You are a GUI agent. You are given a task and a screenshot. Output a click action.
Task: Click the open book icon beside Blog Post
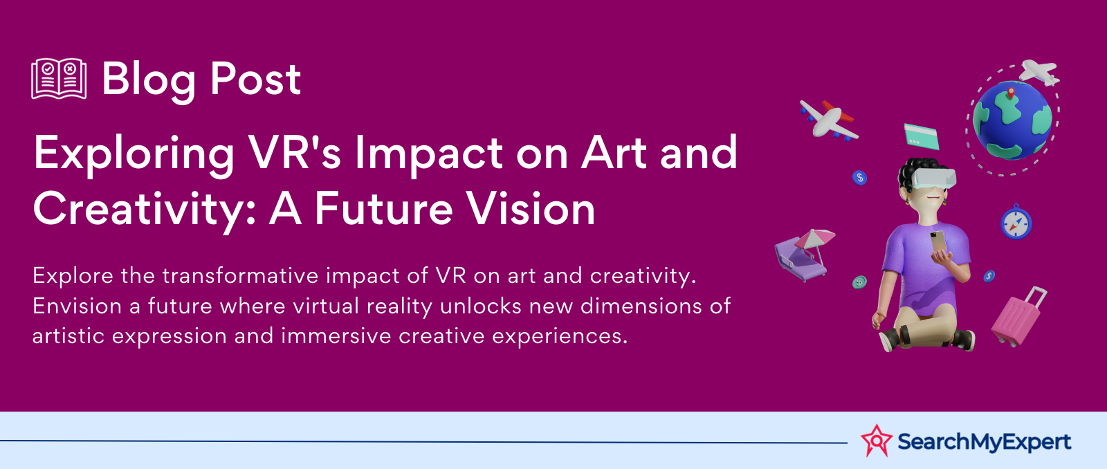[x=59, y=79]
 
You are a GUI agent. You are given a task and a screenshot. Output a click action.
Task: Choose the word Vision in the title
[x=531, y=208]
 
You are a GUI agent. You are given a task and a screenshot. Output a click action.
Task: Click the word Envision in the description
[x=77, y=306]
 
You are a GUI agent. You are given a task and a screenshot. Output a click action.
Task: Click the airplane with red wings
[x=829, y=120]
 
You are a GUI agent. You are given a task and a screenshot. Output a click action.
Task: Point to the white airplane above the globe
[x=1039, y=72]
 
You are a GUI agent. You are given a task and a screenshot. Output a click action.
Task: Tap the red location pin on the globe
[x=1011, y=93]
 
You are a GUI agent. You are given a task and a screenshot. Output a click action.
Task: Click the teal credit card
[x=921, y=136]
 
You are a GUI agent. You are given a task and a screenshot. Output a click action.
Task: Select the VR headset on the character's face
[x=933, y=178]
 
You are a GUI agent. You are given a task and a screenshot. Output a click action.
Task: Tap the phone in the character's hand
[x=938, y=243]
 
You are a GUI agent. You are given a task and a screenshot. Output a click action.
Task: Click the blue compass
[x=1016, y=222]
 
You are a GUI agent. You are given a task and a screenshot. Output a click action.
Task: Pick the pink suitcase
[x=1018, y=317]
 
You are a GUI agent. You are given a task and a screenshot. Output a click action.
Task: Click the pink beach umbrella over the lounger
[x=814, y=239]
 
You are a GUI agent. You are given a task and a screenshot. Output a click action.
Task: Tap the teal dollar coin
[x=859, y=282]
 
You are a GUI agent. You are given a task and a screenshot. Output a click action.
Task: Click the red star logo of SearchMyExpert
[x=876, y=441]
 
